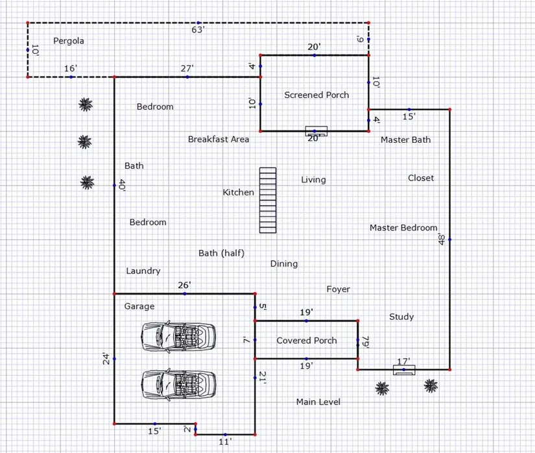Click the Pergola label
coord(69,41)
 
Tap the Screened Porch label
coord(316,95)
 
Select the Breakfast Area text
coord(219,140)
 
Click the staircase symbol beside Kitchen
coord(268,201)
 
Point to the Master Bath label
coord(406,140)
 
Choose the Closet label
coord(421,178)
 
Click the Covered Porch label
coord(307,340)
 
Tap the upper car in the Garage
coord(178,336)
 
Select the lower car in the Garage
coord(178,385)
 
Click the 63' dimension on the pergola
coord(198,30)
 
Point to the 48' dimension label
coord(442,239)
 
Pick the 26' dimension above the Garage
coord(185,285)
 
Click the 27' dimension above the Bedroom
coord(187,68)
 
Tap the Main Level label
coord(318,402)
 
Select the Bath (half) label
coord(221,253)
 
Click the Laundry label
coord(143,271)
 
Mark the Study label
coord(401,317)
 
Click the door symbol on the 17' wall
coord(404,370)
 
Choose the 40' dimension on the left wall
coord(122,186)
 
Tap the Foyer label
coord(338,289)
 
